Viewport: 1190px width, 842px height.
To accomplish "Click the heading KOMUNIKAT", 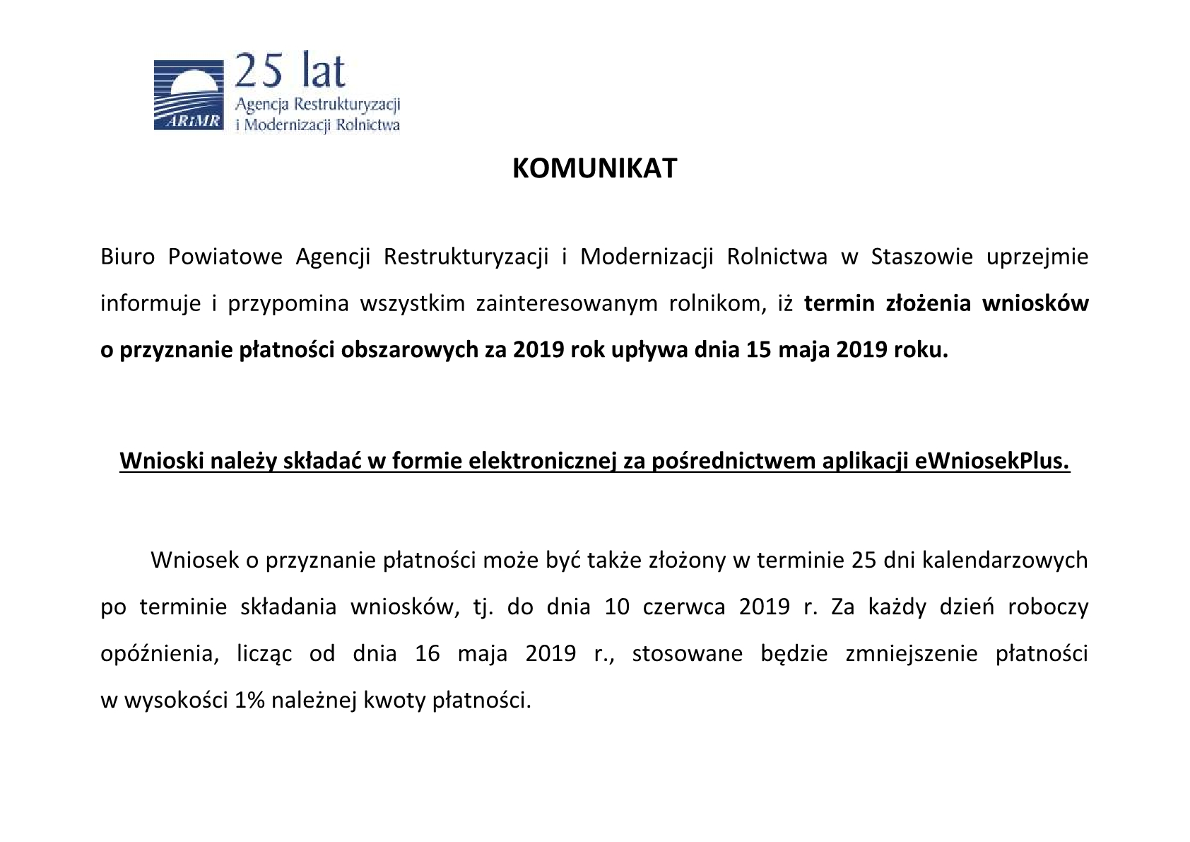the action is coord(594,169).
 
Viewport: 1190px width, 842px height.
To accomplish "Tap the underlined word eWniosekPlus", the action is coord(992,461).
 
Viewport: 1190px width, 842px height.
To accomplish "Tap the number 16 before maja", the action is coord(428,654).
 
